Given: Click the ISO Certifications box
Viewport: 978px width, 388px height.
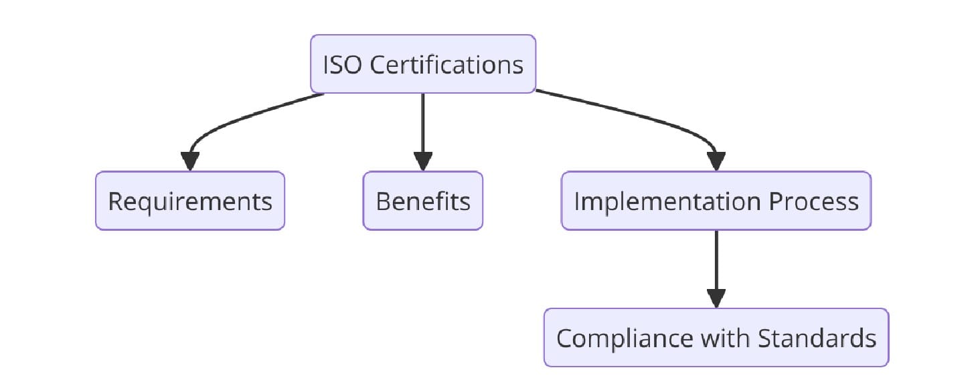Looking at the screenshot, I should tap(422, 64).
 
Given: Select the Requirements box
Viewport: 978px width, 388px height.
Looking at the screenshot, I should tap(189, 201).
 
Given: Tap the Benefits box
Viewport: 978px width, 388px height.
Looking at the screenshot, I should tap(422, 201).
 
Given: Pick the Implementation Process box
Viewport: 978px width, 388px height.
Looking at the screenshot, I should tap(716, 201).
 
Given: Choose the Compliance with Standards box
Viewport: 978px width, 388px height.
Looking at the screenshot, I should tap(716, 338).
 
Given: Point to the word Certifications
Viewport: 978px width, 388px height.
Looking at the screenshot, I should tap(446, 65).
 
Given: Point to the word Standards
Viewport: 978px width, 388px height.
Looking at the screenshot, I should tap(817, 338).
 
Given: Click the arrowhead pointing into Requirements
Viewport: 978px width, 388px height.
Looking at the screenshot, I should tap(190, 162).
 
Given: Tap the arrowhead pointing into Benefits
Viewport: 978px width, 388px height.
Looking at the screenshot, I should tap(422, 162).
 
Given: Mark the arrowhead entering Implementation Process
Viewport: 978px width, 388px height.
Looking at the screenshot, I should tap(716, 162).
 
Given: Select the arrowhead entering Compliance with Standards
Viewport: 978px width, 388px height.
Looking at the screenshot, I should tap(716, 299).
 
